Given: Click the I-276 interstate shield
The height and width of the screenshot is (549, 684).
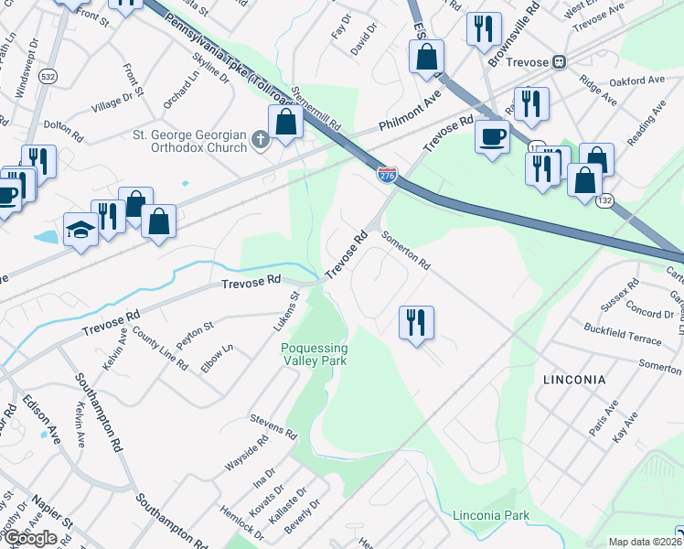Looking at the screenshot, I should click(x=388, y=175).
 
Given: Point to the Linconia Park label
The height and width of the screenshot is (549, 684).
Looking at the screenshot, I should click(x=491, y=515).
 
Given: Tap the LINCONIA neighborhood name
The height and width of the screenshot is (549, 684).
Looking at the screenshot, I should click(x=573, y=379).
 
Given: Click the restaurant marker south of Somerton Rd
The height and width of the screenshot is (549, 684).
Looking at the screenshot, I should click(x=415, y=322).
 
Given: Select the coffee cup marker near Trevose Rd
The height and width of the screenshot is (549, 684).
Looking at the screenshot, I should click(x=493, y=137).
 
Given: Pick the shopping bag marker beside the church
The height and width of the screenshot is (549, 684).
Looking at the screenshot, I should click(x=285, y=122).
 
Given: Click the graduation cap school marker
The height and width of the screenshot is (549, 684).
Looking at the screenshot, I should click(x=81, y=230).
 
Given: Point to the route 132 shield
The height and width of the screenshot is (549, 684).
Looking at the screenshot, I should click(x=604, y=199).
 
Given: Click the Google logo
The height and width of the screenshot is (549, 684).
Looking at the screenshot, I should click(x=30, y=539).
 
